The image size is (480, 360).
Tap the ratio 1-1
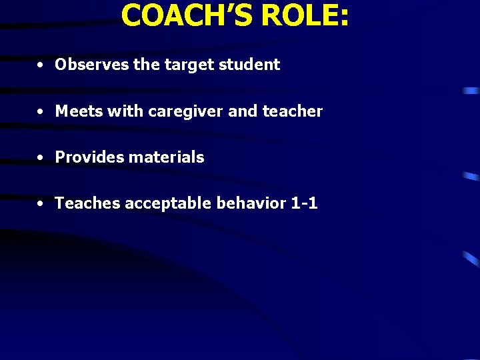pyautogui.click(x=305, y=203)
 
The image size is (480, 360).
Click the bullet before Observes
pyautogui.click(x=41, y=65)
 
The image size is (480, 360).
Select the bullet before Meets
pyautogui.click(x=41, y=112)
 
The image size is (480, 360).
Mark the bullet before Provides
pyautogui.click(x=41, y=158)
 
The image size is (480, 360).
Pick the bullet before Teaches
pyautogui.click(x=41, y=204)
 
